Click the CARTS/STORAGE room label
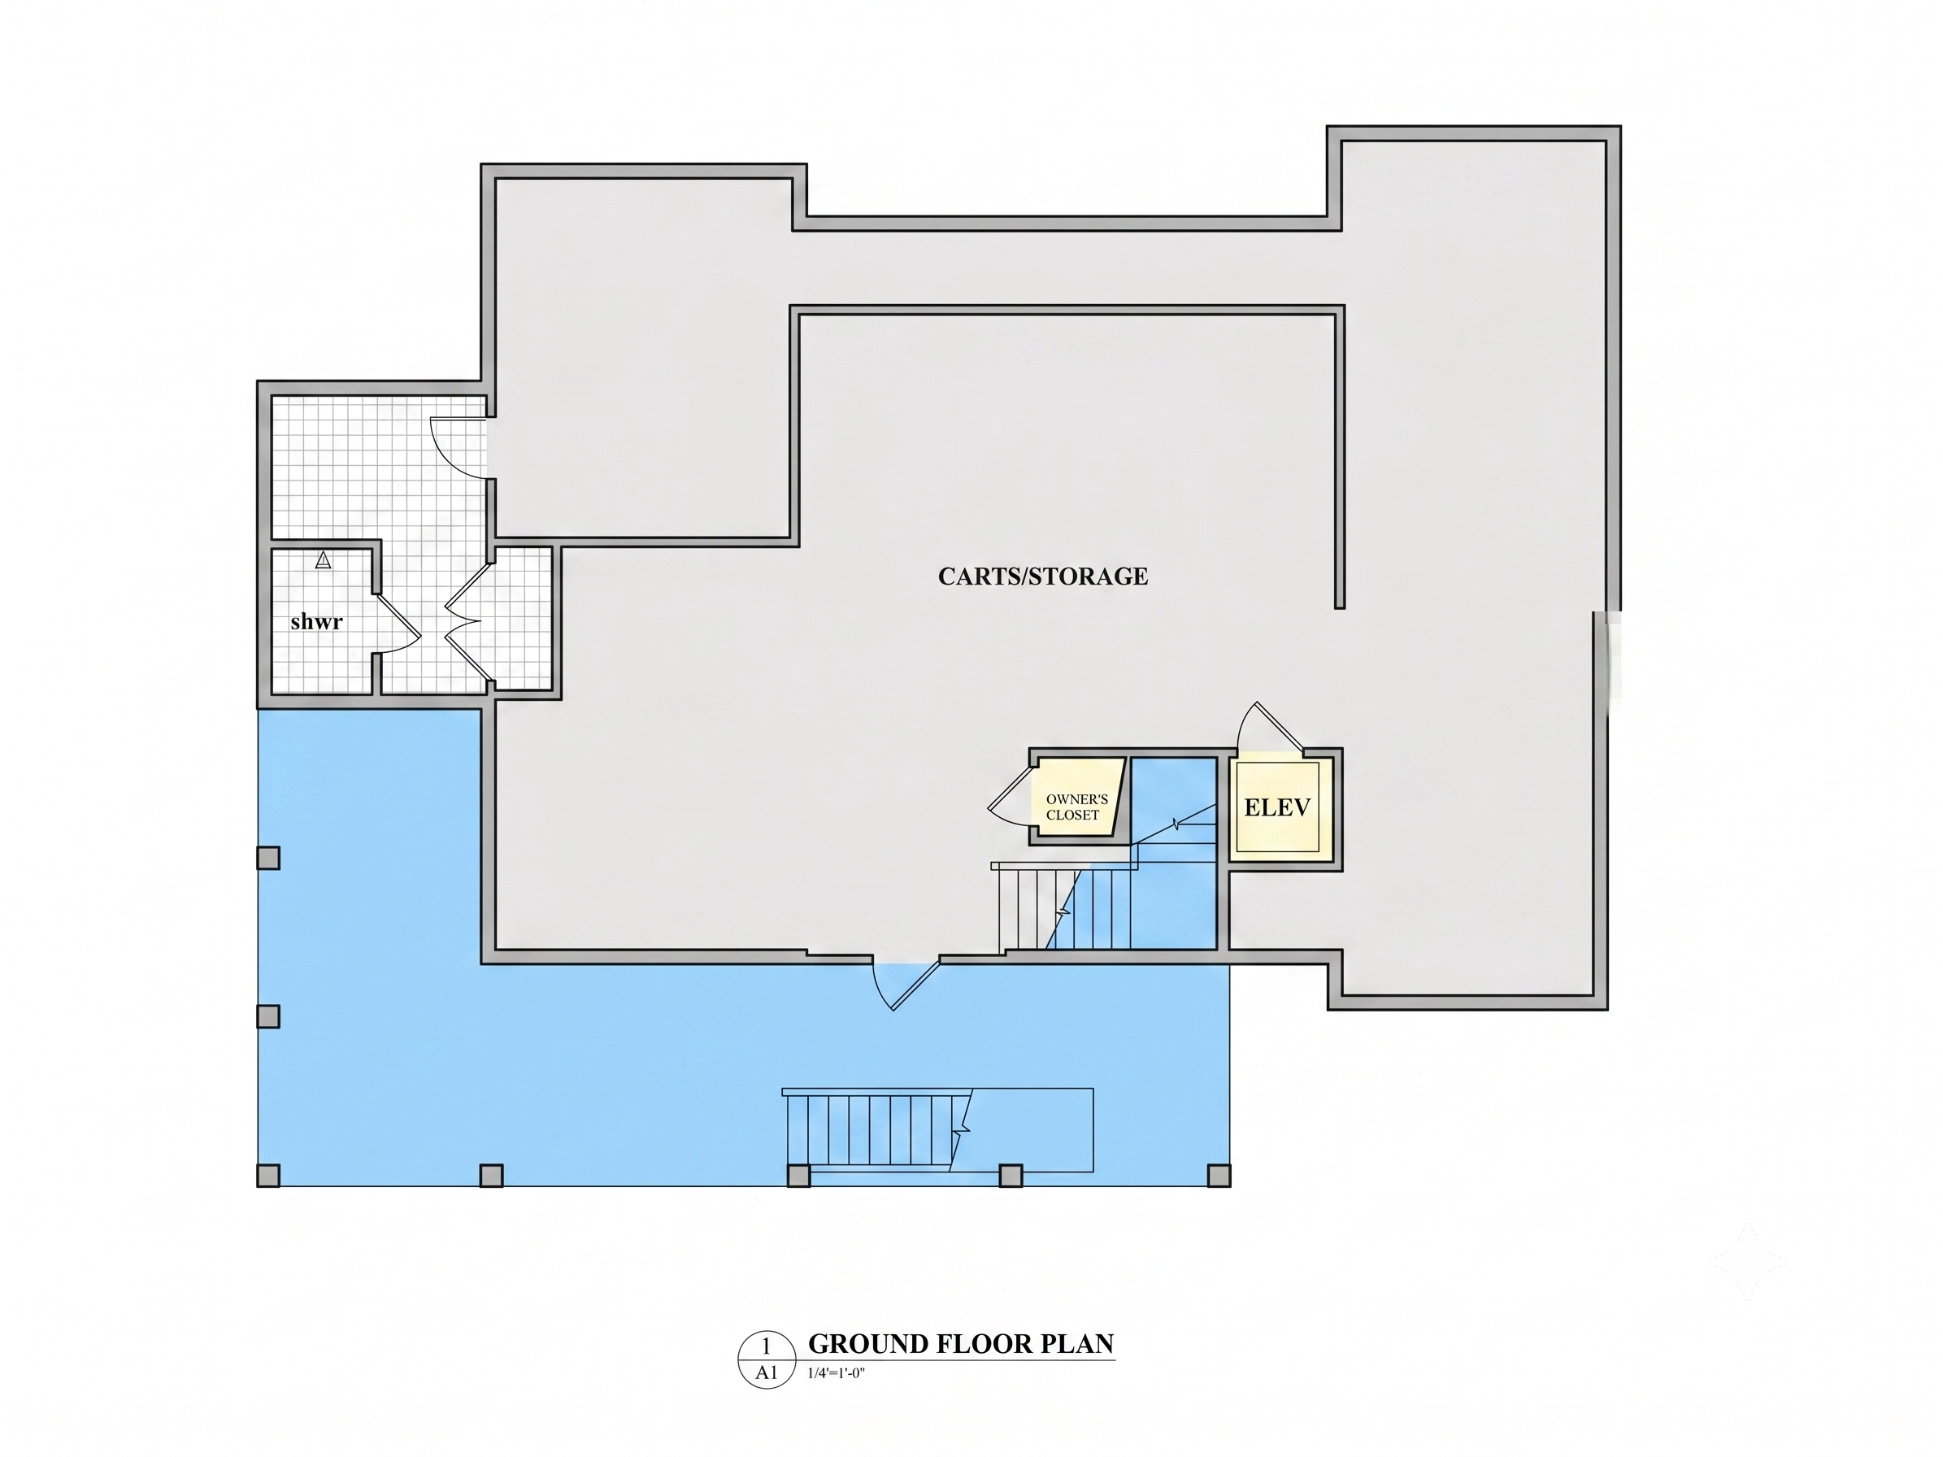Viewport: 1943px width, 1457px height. point(1043,576)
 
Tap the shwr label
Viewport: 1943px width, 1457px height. point(316,622)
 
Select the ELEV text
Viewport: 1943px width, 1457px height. point(1277,807)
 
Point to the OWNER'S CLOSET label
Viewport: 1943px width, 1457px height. point(1077,807)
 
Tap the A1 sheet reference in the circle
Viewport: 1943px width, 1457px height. point(767,1372)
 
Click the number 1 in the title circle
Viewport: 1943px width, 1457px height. point(766,1346)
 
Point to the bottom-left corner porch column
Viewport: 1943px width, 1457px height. point(269,1175)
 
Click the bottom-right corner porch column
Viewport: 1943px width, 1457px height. point(1219,1175)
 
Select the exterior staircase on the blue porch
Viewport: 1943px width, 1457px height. point(938,1130)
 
